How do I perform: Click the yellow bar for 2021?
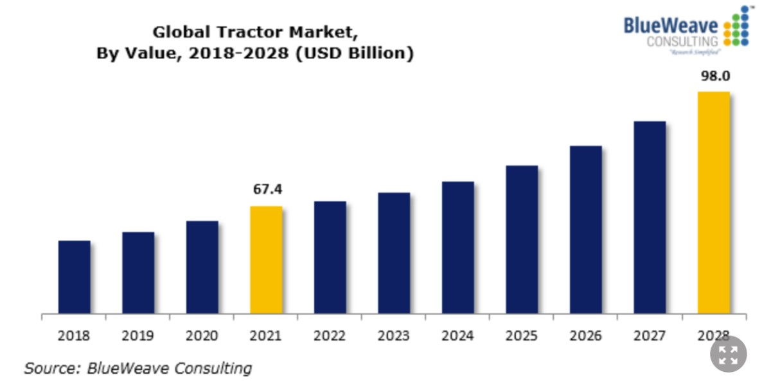[266, 260]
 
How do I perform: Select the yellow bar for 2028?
[714, 203]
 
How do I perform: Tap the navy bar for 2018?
[74, 277]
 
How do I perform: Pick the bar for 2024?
[457, 248]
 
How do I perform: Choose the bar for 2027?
[650, 217]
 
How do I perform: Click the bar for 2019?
[138, 273]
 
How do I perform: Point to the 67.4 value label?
[267, 189]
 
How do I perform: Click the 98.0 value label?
[714, 76]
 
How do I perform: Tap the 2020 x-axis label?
[202, 336]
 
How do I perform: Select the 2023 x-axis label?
[394, 336]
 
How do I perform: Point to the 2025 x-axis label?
[522, 336]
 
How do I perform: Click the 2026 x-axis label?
[585, 336]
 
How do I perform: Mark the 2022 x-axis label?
[330, 336]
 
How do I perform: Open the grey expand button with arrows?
[728, 353]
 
